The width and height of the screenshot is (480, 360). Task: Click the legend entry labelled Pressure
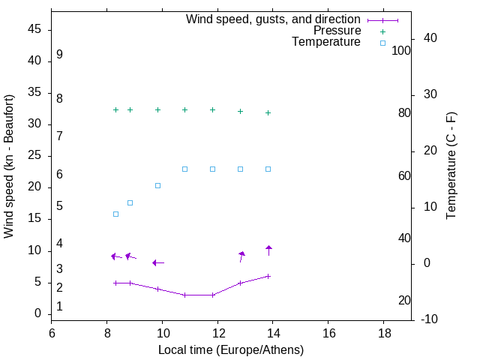(337, 31)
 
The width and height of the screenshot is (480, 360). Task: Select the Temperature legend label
(326, 42)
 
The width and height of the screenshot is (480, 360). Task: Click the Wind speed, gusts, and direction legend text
(273, 19)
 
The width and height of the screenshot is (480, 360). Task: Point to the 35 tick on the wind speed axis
(33, 92)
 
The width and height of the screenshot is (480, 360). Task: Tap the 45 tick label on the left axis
(33, 29)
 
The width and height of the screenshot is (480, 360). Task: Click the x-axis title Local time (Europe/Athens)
(231, 349)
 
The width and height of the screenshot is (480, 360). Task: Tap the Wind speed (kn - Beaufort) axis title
(10, 166)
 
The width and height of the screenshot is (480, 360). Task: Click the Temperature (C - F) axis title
(451, 166)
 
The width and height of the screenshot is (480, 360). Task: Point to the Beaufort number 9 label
(59, 55)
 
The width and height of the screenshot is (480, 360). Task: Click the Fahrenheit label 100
(401, 51)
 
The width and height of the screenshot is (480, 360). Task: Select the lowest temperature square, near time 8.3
(115, 214)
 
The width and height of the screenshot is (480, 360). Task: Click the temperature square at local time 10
(157, 185)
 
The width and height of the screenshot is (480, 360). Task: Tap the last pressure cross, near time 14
(268, 112)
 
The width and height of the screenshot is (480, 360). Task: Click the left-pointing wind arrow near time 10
(157, 262)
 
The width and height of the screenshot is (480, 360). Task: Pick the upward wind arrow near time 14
(268, 249)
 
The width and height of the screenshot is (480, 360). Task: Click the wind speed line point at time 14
(268, 276)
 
